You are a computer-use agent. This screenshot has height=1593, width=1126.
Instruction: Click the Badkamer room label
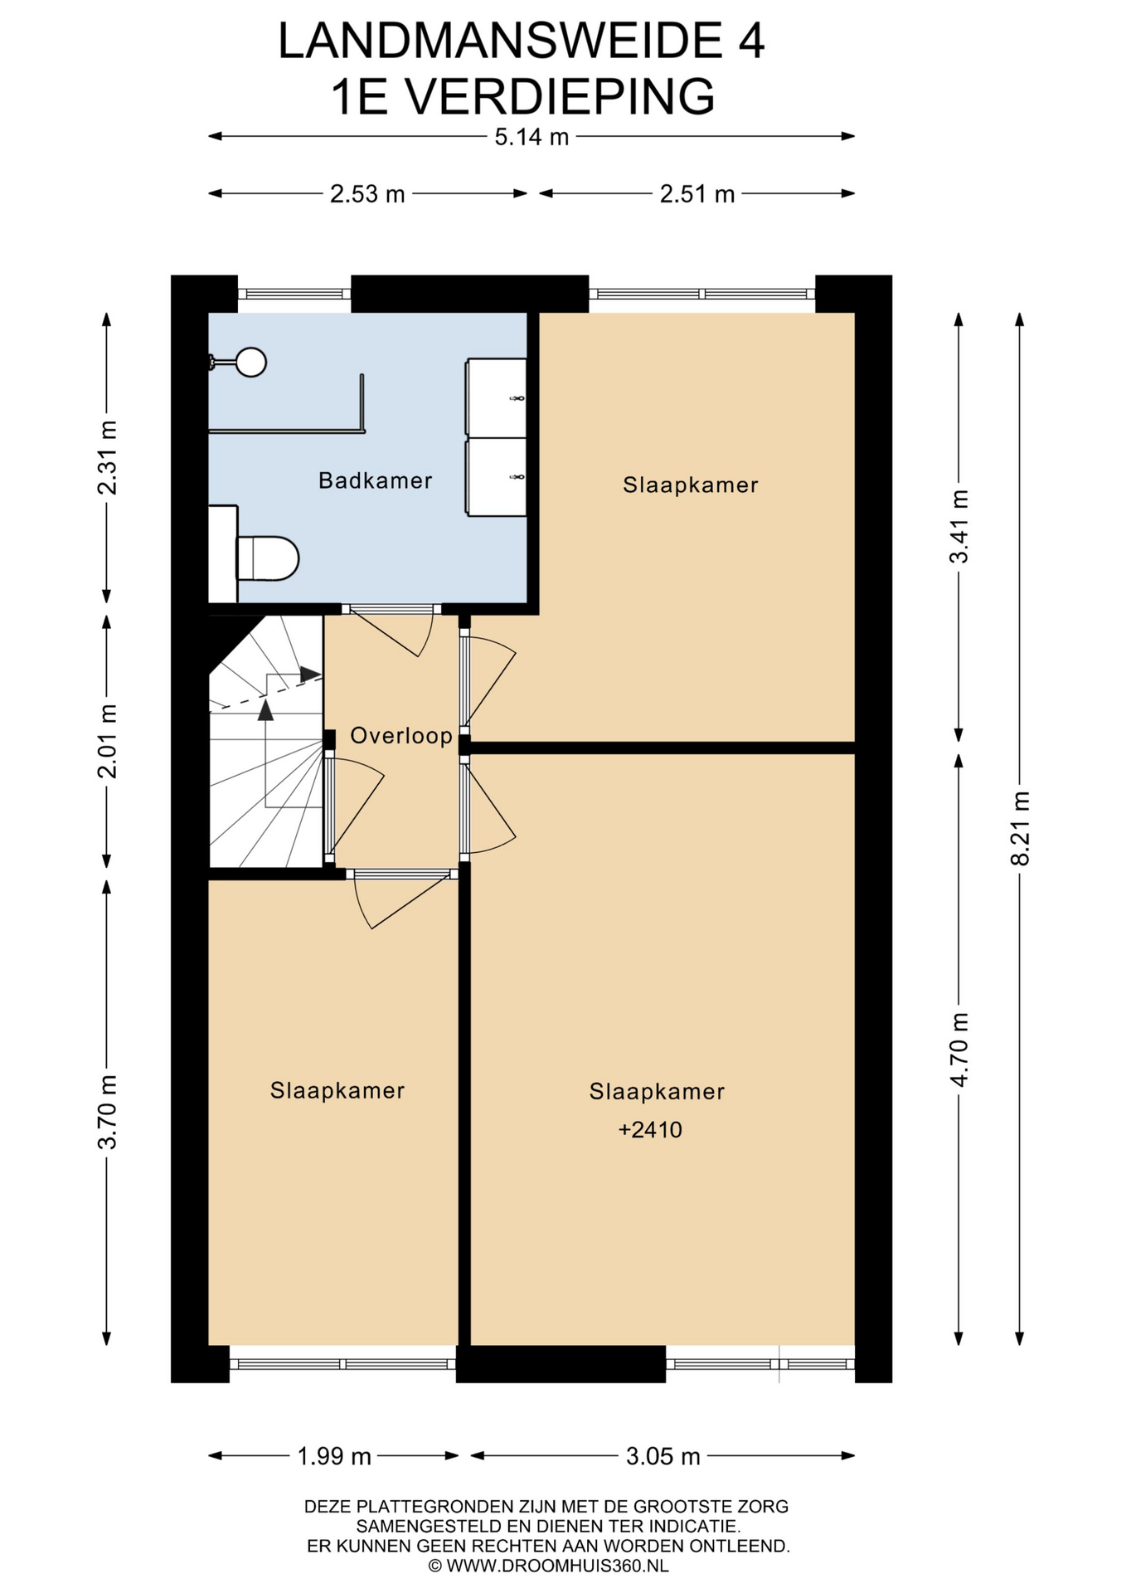tap(375, 480)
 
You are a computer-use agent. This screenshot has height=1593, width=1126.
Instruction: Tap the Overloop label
tap(401, 735)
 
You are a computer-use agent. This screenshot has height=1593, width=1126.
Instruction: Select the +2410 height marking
tap(650, 1129)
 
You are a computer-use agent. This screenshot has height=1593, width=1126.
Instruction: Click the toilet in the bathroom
tap(267, 558)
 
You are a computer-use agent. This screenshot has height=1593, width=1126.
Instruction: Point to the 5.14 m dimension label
tap(531, 137)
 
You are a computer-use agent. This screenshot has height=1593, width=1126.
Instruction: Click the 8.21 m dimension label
tap(1020, 828)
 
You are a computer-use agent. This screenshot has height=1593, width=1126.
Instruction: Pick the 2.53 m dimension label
tap(367, 194)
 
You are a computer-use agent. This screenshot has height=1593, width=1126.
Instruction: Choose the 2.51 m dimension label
tap(697, 194)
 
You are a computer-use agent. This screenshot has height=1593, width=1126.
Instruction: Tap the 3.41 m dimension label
tap(959, 527)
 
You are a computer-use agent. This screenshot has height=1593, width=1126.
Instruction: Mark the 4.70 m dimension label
tap(959, 1050)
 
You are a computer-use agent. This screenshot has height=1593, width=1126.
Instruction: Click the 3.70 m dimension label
tap(107, 1112)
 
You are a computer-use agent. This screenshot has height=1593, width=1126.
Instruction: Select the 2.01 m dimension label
tap(107, 741)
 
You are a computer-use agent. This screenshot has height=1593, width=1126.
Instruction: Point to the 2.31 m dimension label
tap(107, 458)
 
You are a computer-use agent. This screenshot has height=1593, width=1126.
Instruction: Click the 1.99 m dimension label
tap(334, 1456)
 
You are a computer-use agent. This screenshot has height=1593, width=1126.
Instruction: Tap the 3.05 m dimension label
tap(663, 1456)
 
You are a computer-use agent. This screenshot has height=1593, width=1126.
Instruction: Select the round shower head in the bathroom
tap(251, 363)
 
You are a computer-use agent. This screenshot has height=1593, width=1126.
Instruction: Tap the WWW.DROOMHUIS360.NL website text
tap(557, 1566)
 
